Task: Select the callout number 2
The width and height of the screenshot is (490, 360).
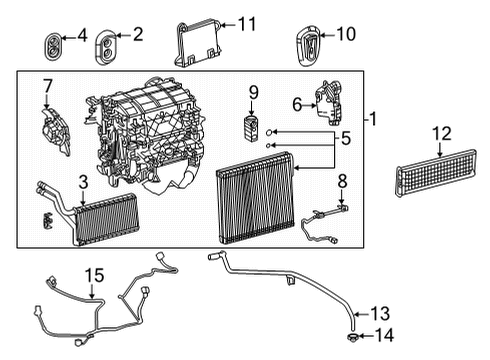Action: coord(137,34)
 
